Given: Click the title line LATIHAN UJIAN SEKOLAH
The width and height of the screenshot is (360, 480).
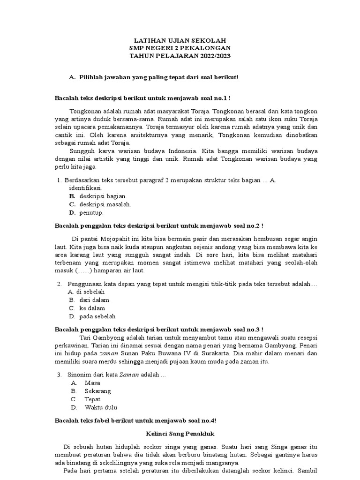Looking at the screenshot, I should click(x=180, y=41).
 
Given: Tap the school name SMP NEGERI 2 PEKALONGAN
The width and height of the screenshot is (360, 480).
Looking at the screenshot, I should click(x=180, y=48).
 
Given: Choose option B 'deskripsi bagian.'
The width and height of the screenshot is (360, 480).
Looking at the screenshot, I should click(x=103, y=196).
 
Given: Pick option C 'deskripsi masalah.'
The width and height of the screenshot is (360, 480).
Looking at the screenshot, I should click(x=105, y=204).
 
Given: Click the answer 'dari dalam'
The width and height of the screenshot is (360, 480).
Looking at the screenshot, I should click(x=94, y=300).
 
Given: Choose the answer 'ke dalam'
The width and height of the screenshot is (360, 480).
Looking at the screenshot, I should click(x=92, y=308).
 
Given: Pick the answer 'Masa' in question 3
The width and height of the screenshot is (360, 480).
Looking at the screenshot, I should click(x=92, y=383).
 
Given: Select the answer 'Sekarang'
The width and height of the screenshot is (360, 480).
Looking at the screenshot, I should click(x=97, y=391).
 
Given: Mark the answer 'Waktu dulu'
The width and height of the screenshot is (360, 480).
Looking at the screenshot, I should click(x=101, y=407).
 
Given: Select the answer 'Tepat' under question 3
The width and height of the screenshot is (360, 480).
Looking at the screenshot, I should click(x=93, y=399).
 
